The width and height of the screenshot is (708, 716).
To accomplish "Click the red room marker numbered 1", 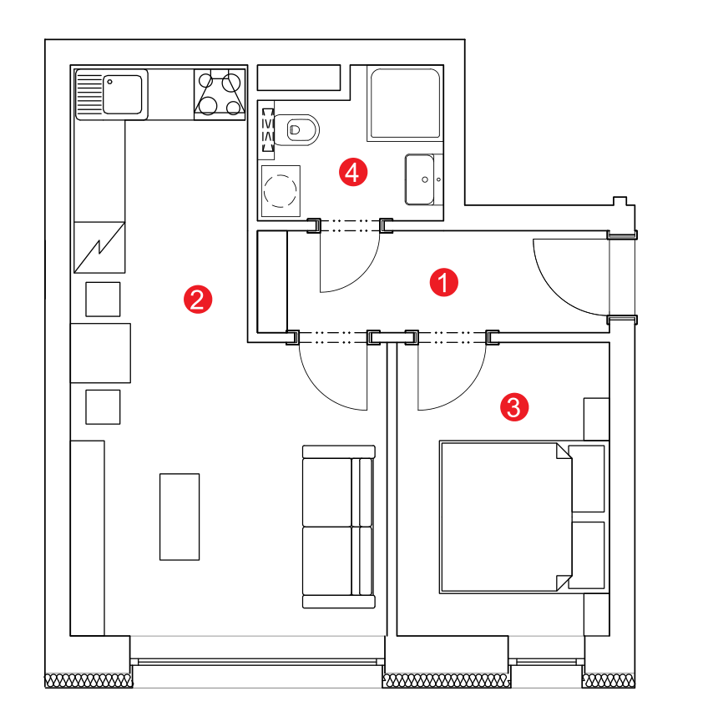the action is click(x=443, y=282).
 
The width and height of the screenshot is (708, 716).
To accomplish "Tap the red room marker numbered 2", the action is click(x=198, y=300).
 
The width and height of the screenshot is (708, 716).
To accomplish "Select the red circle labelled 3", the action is click(x=514, y=407).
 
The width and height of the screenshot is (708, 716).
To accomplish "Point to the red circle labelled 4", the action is click(x=353, y=172).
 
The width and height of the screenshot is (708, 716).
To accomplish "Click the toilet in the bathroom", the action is click(x=296, y=129).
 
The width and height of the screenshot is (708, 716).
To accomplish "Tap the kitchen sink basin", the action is click(x=123, y=94).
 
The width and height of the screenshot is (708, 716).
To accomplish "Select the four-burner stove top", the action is click(x=220, y=94).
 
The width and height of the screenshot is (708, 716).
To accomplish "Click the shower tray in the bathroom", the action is click(x=405, y=103).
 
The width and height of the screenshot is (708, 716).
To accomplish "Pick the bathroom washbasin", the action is click(x=420, y=179).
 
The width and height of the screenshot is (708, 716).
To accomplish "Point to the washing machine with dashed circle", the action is click(x=281, y=191).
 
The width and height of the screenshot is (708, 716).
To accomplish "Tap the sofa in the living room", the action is click(x=338, y=527).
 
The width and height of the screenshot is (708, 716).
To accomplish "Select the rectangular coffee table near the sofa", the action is click(x=180, y=517).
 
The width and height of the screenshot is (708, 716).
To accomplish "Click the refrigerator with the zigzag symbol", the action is click(x=99, y=248).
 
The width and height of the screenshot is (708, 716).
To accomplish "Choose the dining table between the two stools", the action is click(x=100, y=353).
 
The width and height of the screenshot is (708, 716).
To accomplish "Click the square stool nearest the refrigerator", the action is click(x=103, y=299).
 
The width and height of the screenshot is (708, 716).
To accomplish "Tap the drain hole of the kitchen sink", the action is click(x=109, y=82).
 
